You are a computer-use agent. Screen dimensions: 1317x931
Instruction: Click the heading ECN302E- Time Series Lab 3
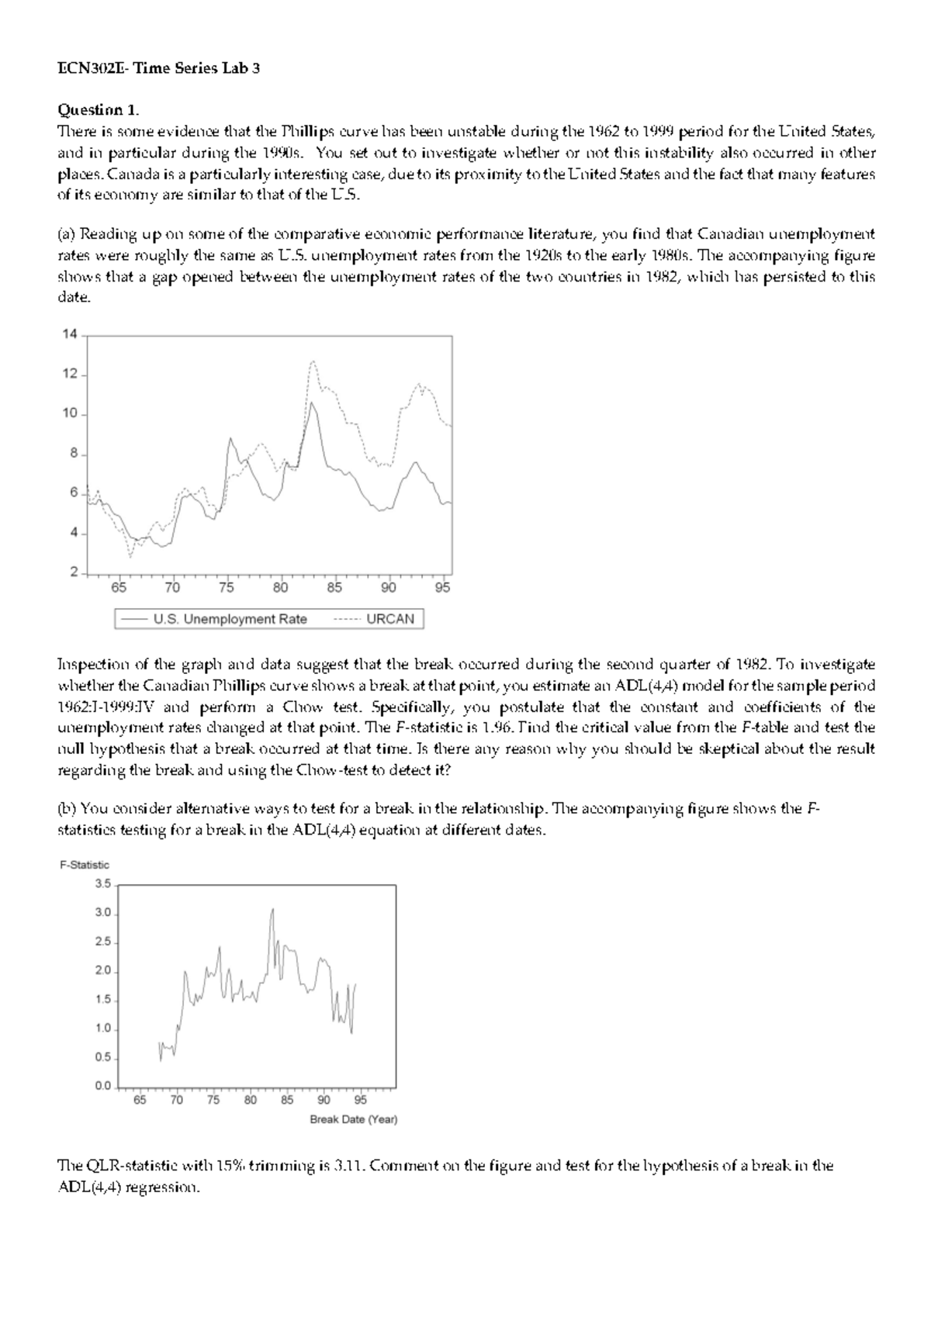coord(158,68)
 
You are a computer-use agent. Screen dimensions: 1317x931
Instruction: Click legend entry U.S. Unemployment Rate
coord(230,619)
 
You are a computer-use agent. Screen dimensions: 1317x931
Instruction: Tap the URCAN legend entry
coord(390,619)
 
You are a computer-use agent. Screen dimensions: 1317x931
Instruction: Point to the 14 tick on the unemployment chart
coord(70,335)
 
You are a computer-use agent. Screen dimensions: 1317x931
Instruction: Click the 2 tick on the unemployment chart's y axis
coord(74,572)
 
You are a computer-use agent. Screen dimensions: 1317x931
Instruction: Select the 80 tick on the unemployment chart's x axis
coord(280,588)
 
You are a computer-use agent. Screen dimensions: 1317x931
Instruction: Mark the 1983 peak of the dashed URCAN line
coord(313,361)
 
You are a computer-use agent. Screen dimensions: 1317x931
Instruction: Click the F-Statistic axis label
coord(85,865)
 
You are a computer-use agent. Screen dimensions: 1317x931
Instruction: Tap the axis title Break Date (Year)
coord(353,1119)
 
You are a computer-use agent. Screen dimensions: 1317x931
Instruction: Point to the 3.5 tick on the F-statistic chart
coord(103,883)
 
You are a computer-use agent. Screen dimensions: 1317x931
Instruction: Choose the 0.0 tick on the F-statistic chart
coord(103,1086)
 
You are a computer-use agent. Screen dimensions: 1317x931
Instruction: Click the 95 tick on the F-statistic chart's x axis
coord(361,1100)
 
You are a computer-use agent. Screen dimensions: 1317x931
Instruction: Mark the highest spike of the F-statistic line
coord(272,909)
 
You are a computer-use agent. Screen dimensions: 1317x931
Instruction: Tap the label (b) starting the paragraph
coord(67,809)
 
